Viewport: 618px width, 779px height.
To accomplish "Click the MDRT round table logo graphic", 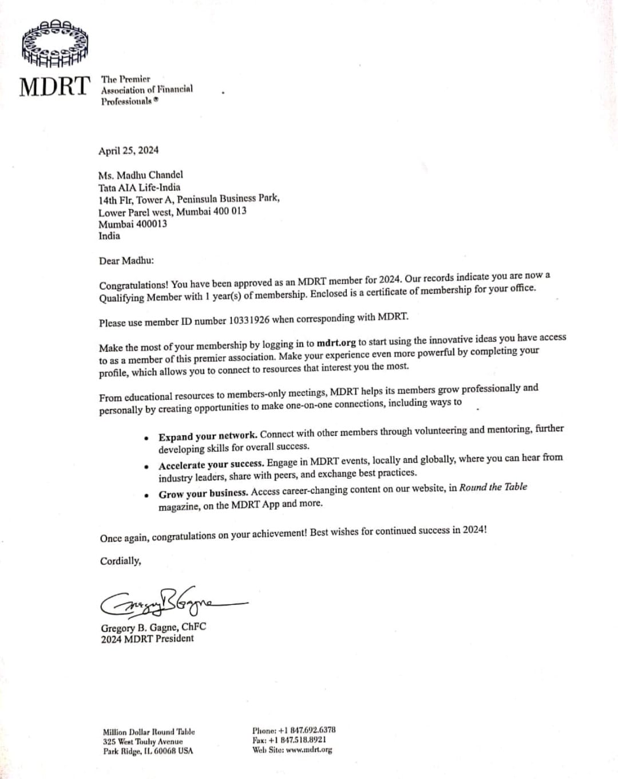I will coord(54,43).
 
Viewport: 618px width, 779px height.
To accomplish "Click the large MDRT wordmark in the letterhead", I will coord(56,86).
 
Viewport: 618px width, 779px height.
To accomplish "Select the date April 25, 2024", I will coord(128,151).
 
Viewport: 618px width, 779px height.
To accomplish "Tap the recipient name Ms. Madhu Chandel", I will coord(140,175).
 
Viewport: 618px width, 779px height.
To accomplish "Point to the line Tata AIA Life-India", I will coord(139,187).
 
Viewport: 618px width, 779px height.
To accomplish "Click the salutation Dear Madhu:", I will coord(126,261).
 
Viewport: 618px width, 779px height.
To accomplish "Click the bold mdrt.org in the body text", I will coord(336,343).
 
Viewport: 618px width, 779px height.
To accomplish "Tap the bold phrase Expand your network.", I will coord(208,436).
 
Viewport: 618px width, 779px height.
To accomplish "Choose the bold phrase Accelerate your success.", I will coord(211,465).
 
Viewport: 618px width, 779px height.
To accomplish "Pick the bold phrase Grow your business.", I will coord(203,493).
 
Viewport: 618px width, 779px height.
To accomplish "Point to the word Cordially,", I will coord(120,561).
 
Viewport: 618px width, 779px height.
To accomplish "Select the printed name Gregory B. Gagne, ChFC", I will coord(153,627).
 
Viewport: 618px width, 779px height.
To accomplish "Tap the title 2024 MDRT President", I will coord(147,639).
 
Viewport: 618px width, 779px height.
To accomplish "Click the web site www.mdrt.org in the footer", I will coord(308,749).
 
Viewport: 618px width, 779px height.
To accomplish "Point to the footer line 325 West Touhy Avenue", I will coord(142,741).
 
